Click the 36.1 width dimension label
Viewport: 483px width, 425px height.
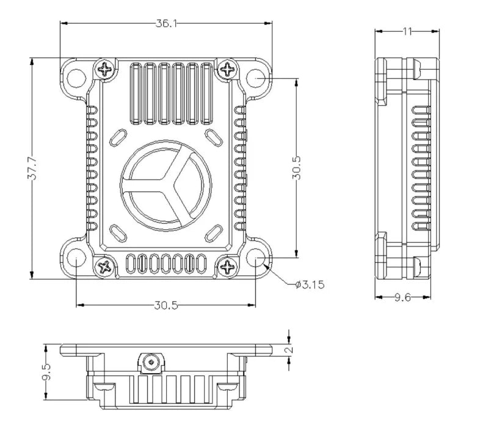coord(166,23)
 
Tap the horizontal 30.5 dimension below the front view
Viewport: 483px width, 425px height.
coord(166,306)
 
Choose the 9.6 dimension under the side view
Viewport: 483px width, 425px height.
coord(403,298)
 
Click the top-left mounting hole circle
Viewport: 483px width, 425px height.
coord(76,78)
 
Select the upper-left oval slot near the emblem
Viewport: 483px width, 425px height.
coord(117,138)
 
